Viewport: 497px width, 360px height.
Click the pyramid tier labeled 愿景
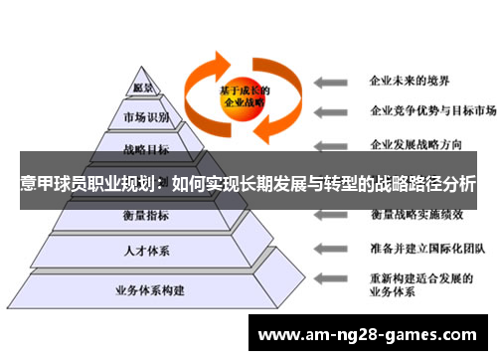coord(144,89)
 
